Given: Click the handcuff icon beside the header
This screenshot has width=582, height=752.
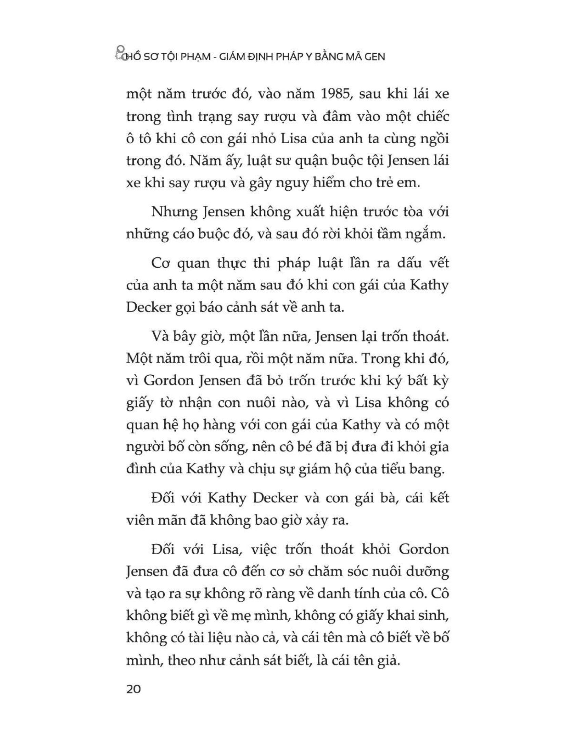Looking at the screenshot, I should pyautogui.click(x=119, y=53).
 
